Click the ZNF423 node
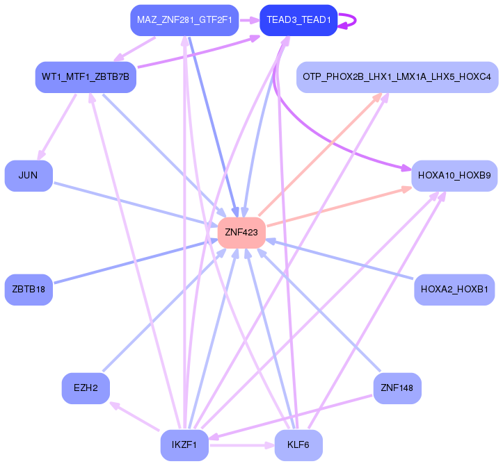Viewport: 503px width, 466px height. (x=242, y=233)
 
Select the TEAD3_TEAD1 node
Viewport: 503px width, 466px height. (x=298, y=20)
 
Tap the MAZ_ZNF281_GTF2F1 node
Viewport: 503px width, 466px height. (x=184, y=20)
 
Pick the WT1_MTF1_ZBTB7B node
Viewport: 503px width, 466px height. (x=85, y=76)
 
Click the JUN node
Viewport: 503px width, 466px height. (x=29, y=176)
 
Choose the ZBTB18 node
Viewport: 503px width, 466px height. (x=29, y=290)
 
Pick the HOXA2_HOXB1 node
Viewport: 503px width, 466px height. (x=454, y=289)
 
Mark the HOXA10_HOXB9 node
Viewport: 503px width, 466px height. (x=454, y=176)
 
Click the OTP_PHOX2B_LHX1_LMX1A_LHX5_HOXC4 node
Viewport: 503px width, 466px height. (x=397, y=76)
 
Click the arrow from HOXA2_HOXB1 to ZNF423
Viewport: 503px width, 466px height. (x=341, y=259)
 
